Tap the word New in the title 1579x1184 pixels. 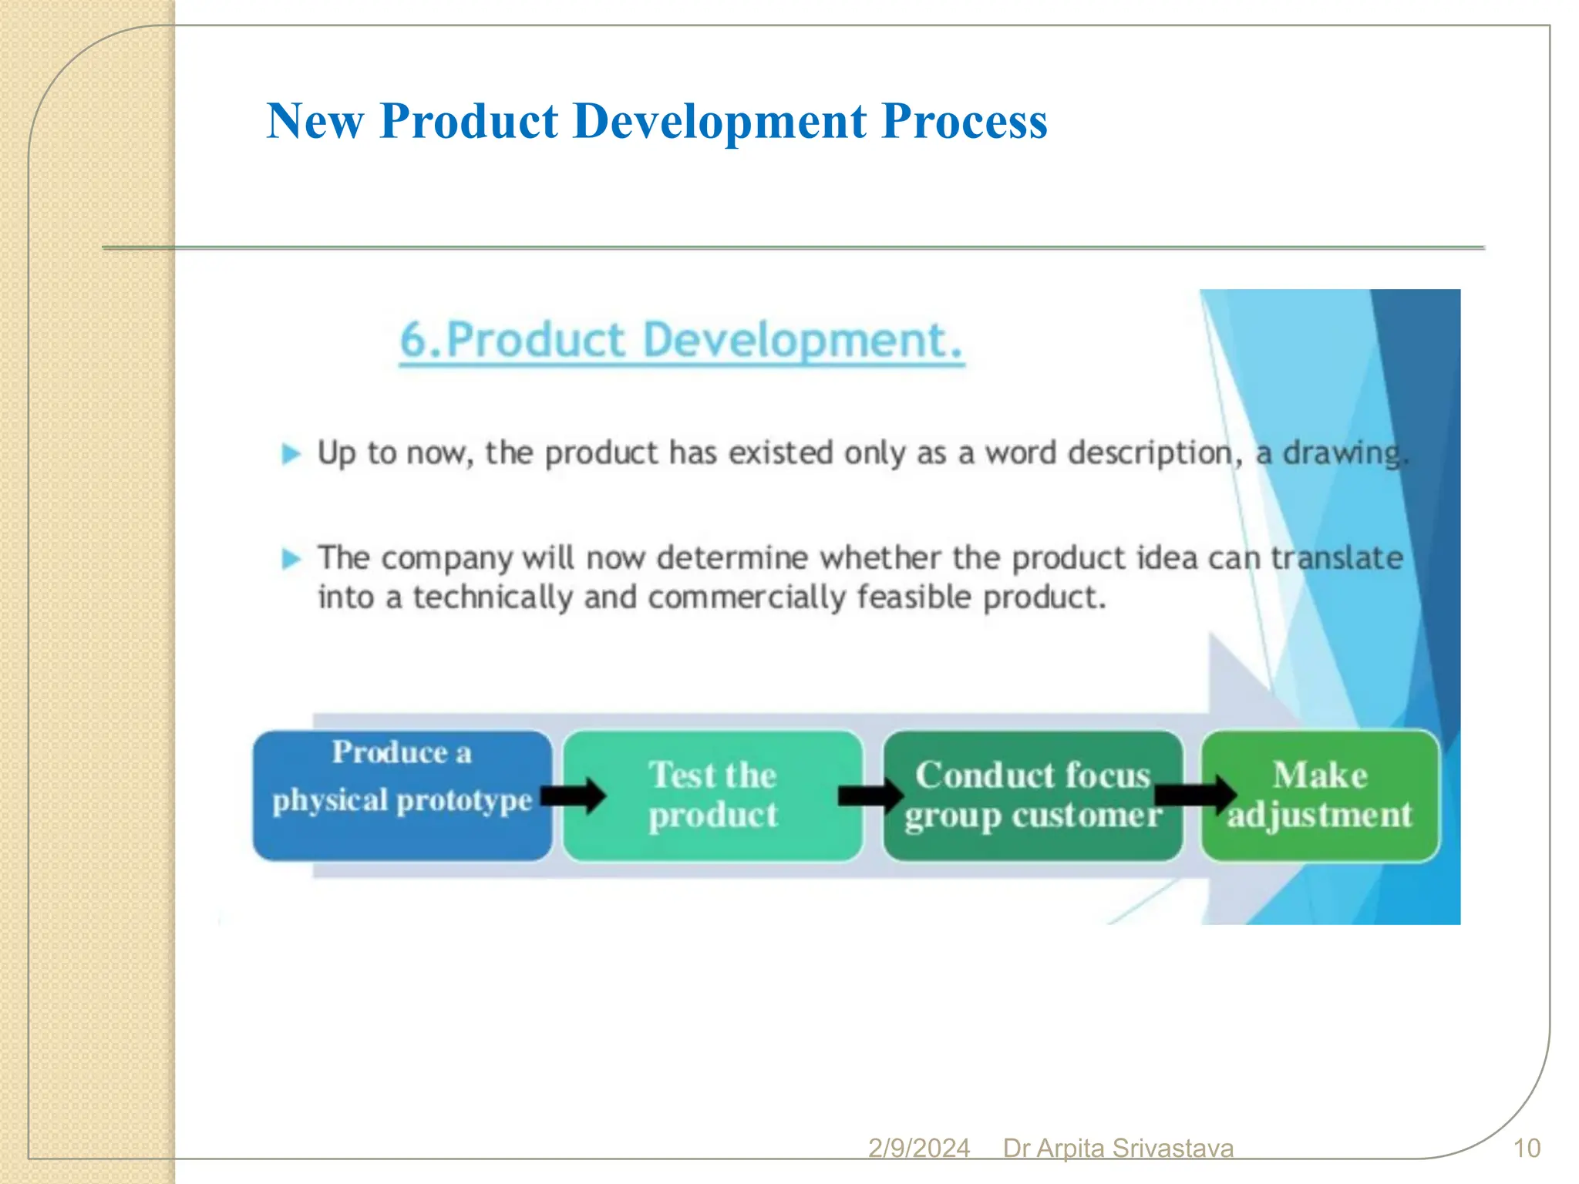tap(315, 122)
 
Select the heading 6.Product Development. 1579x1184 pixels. tap(682, 340)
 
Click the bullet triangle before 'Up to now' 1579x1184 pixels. tap(291, 454)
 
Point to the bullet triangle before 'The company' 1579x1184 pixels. tap(291, 558)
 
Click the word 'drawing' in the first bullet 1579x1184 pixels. tap(1341, 453)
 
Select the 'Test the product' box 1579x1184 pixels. tap(713, 795)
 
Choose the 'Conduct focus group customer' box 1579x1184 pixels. tap(1032, 795)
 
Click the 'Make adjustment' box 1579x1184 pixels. tap(1320, 795)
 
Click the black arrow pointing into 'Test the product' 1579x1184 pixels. tap(574, 795)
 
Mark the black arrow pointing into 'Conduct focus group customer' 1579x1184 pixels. tap(870, 795)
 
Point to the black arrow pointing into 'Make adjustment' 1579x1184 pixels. tap(1195, 794)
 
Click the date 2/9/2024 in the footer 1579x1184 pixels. tap(918, 1149)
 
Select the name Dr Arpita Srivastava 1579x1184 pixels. tap(1118, 1149)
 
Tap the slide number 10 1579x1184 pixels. tap(1527, 1149)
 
